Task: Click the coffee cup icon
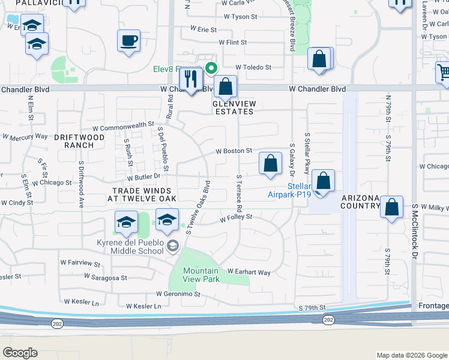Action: point(128,41)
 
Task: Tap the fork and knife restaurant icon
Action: point(191,78)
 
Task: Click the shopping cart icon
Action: point(443,72)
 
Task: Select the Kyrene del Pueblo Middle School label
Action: point(130,247)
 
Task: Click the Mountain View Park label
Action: point(201,275)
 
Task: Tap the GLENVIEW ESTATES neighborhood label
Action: point(234,107)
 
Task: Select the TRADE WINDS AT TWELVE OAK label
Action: point(142,194)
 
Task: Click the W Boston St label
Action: point(234,151)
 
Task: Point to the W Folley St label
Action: point(235,218)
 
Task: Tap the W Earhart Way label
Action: point(249,272)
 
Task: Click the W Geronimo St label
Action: point(178,294)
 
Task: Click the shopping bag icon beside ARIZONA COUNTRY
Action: point(391,207)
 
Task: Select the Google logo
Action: point(20,353)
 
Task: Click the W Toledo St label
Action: point(253,67)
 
